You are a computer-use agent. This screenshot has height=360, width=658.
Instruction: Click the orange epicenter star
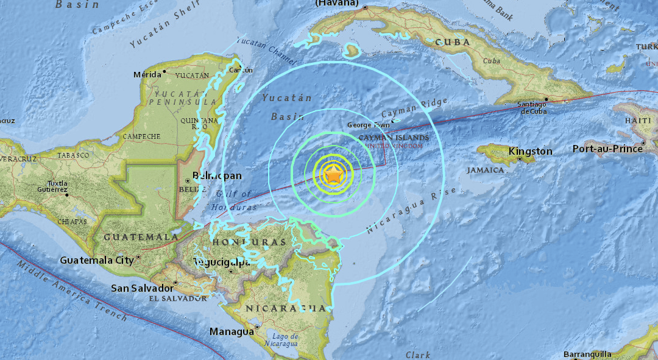click(x=334, y=176)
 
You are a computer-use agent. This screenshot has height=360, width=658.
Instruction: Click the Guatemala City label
click(x=97, y=260)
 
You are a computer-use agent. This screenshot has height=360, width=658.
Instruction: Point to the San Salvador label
click(x=141, y=288)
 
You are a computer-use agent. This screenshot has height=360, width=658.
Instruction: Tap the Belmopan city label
click(x=217, y=175)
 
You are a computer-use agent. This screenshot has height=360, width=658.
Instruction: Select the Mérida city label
click(x=147, y=74)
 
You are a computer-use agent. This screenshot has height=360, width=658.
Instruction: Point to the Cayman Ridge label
click(x=414, y=108)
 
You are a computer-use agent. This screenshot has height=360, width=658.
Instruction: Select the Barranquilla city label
click(x=586, y=354)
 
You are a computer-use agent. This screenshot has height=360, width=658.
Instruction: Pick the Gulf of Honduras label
click(x=232, y=202)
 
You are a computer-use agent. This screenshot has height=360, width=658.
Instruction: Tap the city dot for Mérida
click(x=164, y=74)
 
